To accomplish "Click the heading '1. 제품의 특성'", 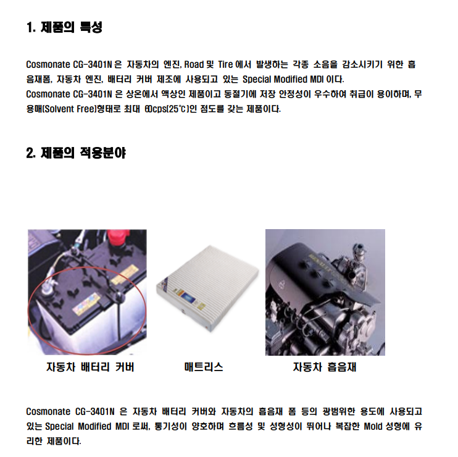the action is point(64,27).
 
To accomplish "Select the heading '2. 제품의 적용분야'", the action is point(76,153).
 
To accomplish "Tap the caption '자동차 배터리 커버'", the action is point(90,367).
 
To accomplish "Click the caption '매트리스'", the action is point(204,367).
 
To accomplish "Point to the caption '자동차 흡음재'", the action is point(325,367).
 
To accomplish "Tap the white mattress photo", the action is point(207,288).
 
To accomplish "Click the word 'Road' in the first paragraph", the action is point(194,64).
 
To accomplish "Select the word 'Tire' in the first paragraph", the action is point(225,64).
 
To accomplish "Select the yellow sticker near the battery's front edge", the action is point(86,304).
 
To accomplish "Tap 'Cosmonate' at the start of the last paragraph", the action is point(48,411).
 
